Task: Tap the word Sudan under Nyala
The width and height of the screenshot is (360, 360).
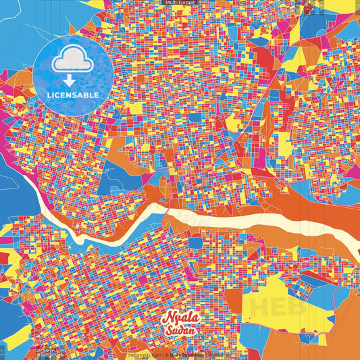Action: [180, 332]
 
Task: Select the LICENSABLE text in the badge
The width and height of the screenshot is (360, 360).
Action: [72, 95]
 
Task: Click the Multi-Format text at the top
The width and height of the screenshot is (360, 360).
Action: [180, 3]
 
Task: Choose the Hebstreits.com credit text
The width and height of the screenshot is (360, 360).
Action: [143, 354]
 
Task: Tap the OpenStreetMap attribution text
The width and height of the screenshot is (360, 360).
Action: [192, 354]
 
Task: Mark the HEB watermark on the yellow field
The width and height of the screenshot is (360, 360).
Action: [270, 307]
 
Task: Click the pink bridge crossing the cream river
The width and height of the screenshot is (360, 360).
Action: [167, 214]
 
